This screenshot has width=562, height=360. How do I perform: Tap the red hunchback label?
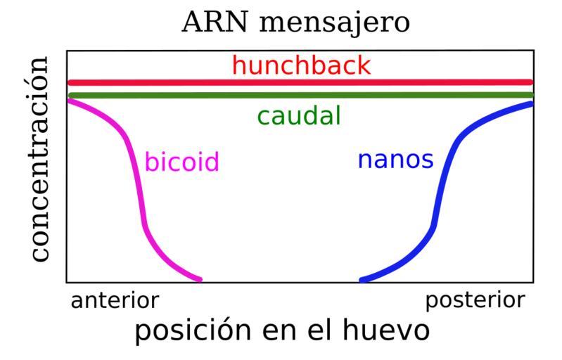click(x=300, y=66)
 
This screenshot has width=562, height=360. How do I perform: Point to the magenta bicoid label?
click(x=182, y=162)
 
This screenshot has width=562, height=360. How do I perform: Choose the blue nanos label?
click(x=395, y=160)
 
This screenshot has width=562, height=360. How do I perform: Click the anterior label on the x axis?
click(x=115, y=301)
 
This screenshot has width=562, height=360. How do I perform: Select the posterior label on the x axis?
click(x=475, y=301)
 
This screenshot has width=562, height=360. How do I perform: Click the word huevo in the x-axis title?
click(x=389, y=330)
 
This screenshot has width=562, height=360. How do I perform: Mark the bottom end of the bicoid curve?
click(x=200, y=279)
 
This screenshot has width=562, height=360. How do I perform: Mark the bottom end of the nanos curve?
click(x=362, y=279)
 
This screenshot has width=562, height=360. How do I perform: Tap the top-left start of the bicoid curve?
click(x=70, y=101)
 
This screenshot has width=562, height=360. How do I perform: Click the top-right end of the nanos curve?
click(x=530, y=104)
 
